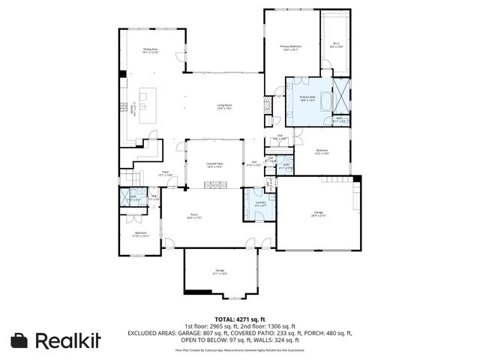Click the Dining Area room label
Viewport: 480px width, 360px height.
151,51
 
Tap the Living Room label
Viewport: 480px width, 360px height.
224,106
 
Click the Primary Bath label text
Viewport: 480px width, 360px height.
307,98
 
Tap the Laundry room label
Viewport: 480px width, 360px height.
260,204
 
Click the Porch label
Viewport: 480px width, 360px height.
195,217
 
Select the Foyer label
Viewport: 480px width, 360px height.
165,173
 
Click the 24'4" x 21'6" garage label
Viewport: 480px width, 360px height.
318,216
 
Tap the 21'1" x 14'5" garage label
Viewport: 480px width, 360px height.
220,272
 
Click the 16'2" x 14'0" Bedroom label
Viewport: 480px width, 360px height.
322,152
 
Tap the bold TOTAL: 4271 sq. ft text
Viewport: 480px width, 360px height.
240,319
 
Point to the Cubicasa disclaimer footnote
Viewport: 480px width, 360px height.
240,349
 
